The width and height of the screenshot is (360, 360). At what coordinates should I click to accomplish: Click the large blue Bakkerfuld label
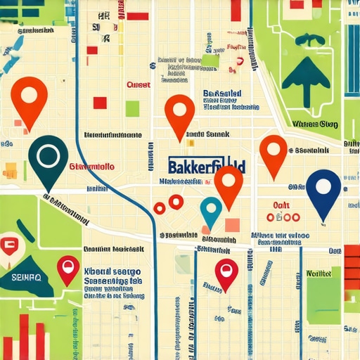tap(207, 166)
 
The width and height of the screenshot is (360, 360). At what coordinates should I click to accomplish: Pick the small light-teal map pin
tap(211, 210)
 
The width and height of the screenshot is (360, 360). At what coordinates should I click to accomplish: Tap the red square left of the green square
tap(100, 103)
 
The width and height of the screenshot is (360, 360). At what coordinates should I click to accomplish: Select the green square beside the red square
tap(132, 108)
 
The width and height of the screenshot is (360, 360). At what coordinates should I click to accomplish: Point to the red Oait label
tap(281, 203)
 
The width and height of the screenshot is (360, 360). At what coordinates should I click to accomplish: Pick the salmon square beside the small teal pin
tap(231, 225)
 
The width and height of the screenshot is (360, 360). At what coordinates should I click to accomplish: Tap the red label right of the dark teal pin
tap(93, 168)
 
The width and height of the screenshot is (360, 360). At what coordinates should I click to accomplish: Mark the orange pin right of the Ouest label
tap(179, 112)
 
